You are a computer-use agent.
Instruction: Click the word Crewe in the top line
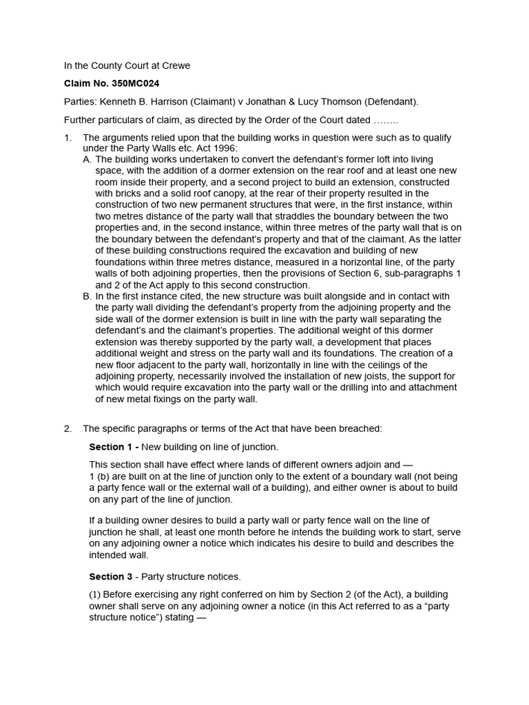coord(176,66)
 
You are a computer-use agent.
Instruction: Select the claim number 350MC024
coord(135,83)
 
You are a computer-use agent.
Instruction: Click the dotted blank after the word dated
coord(386,120)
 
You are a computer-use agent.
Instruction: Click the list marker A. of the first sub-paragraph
coord(87,160)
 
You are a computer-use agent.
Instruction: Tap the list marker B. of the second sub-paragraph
coord(87,296)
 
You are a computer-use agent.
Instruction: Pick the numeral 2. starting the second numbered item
coord(68,428)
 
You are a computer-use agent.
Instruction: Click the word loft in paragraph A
coord(380,160)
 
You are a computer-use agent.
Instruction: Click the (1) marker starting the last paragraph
coord(96,595)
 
